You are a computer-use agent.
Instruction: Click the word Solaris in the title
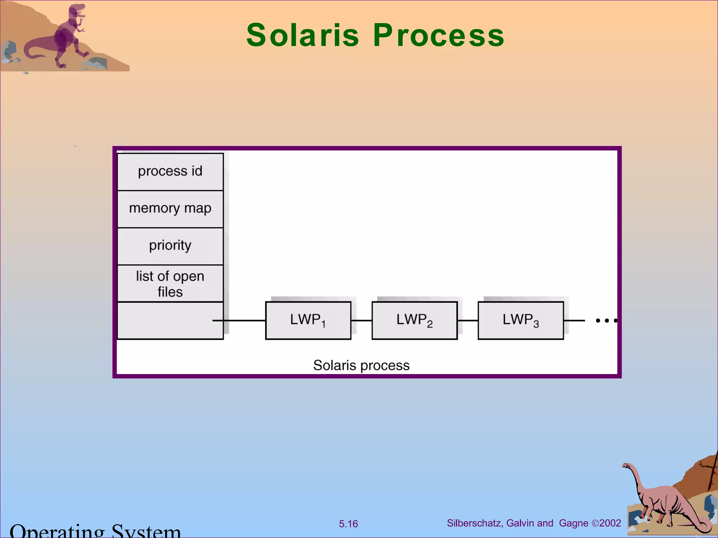(303, 35)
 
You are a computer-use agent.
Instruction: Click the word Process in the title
(438, 35)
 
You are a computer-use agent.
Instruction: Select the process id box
(170, 172)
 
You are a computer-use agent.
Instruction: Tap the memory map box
(170, 209)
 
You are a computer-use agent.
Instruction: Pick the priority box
(170, 246)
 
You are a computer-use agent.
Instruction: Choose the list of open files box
(170, 283)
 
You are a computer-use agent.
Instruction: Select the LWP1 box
(308, 320)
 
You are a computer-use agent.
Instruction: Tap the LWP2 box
(414, 320)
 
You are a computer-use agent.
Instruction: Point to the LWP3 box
(521, 320)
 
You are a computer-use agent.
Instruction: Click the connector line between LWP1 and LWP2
(361, 320)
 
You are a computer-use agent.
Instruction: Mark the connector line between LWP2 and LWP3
(468, 320)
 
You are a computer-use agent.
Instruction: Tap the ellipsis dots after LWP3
(607, 320)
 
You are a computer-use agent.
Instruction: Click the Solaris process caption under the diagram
(361, 365)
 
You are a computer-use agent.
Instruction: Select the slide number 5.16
(348, 524)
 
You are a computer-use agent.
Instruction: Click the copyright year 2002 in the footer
(610, 523)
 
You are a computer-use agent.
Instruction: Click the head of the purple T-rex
(77, 11)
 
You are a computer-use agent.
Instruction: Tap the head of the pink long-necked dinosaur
(626, 466)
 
